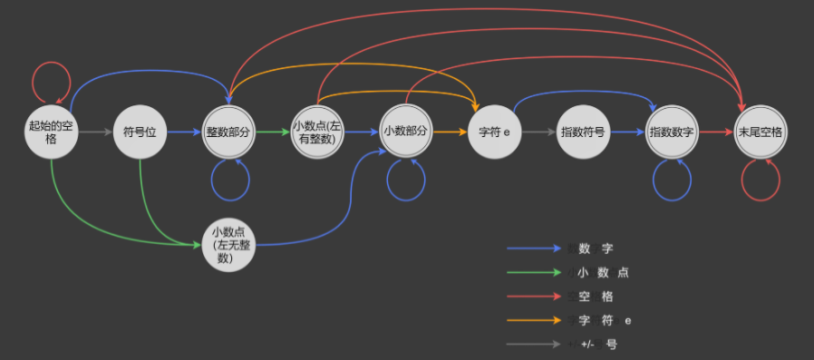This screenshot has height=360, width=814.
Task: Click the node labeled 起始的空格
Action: point(51,132)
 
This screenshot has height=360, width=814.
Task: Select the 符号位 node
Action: point(140,132)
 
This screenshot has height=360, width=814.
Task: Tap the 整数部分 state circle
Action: point(228,132)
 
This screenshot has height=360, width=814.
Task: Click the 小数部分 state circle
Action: point(405,132)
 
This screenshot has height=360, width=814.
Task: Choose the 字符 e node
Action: point(494,132)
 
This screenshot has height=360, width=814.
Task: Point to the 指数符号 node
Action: point(583,132)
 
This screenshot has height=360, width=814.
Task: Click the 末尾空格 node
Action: point(761,132)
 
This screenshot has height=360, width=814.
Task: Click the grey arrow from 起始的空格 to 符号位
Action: point(95,132)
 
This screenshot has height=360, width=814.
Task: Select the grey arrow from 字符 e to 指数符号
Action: point(538,132)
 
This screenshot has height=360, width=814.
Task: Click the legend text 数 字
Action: point(602,248)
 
